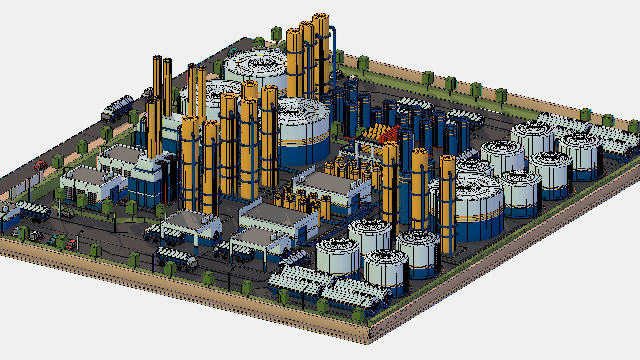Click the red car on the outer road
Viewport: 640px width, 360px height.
point(40,165)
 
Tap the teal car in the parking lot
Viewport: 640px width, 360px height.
point(52,240)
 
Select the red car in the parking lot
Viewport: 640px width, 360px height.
point(71,244)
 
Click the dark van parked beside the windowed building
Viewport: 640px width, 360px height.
point(67,213)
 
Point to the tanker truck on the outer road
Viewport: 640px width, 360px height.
point(117,108)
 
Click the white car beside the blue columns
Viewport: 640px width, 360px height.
point(353,78)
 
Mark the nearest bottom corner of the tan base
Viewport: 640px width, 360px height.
point(368,343)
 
